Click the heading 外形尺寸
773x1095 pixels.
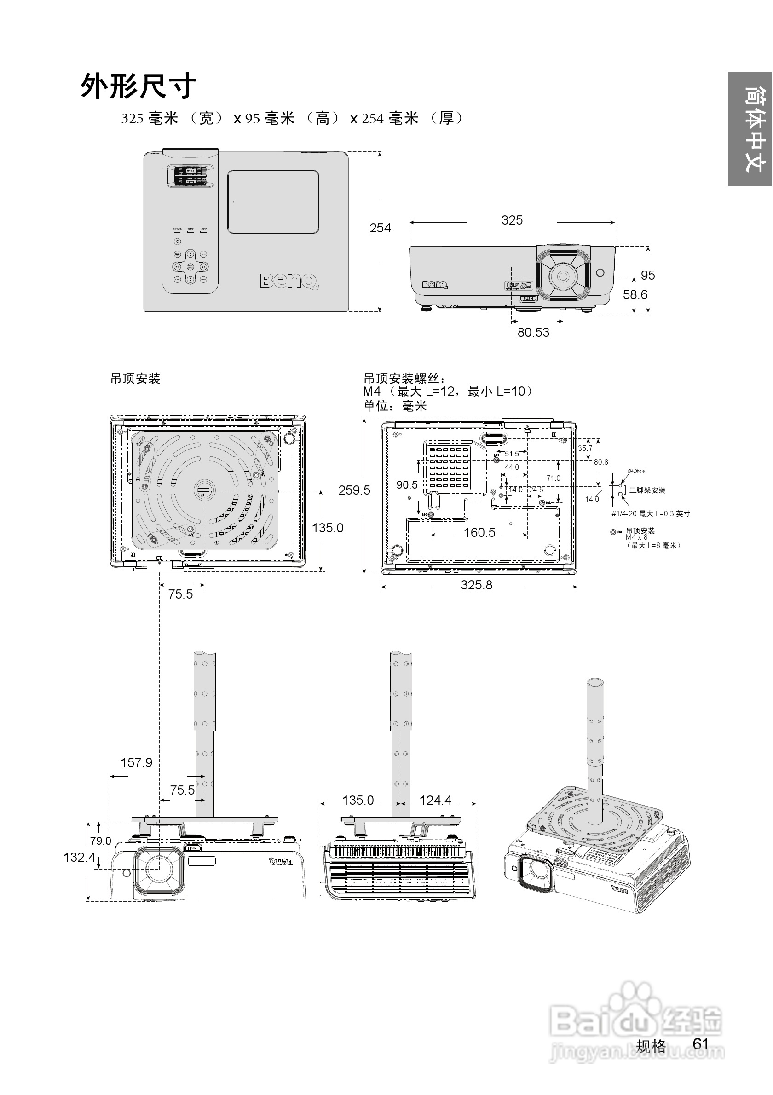(138, 86)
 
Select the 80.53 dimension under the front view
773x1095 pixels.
(533, 332)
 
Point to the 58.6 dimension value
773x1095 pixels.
(635, 295)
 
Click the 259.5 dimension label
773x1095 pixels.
(354, 490)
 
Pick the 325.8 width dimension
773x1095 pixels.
(476, 585)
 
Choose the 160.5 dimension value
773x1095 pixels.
(479, 532)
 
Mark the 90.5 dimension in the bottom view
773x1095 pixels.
(407, 485)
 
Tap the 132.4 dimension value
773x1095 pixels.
(79, 857)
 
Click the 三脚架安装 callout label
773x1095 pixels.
(647, 490)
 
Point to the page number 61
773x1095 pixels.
(700, 1043)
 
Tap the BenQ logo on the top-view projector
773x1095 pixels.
(289, 281)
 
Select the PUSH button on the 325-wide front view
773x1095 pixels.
(528, 299)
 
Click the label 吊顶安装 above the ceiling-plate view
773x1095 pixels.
(135, 379)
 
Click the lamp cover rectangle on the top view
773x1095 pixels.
(273, 202)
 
